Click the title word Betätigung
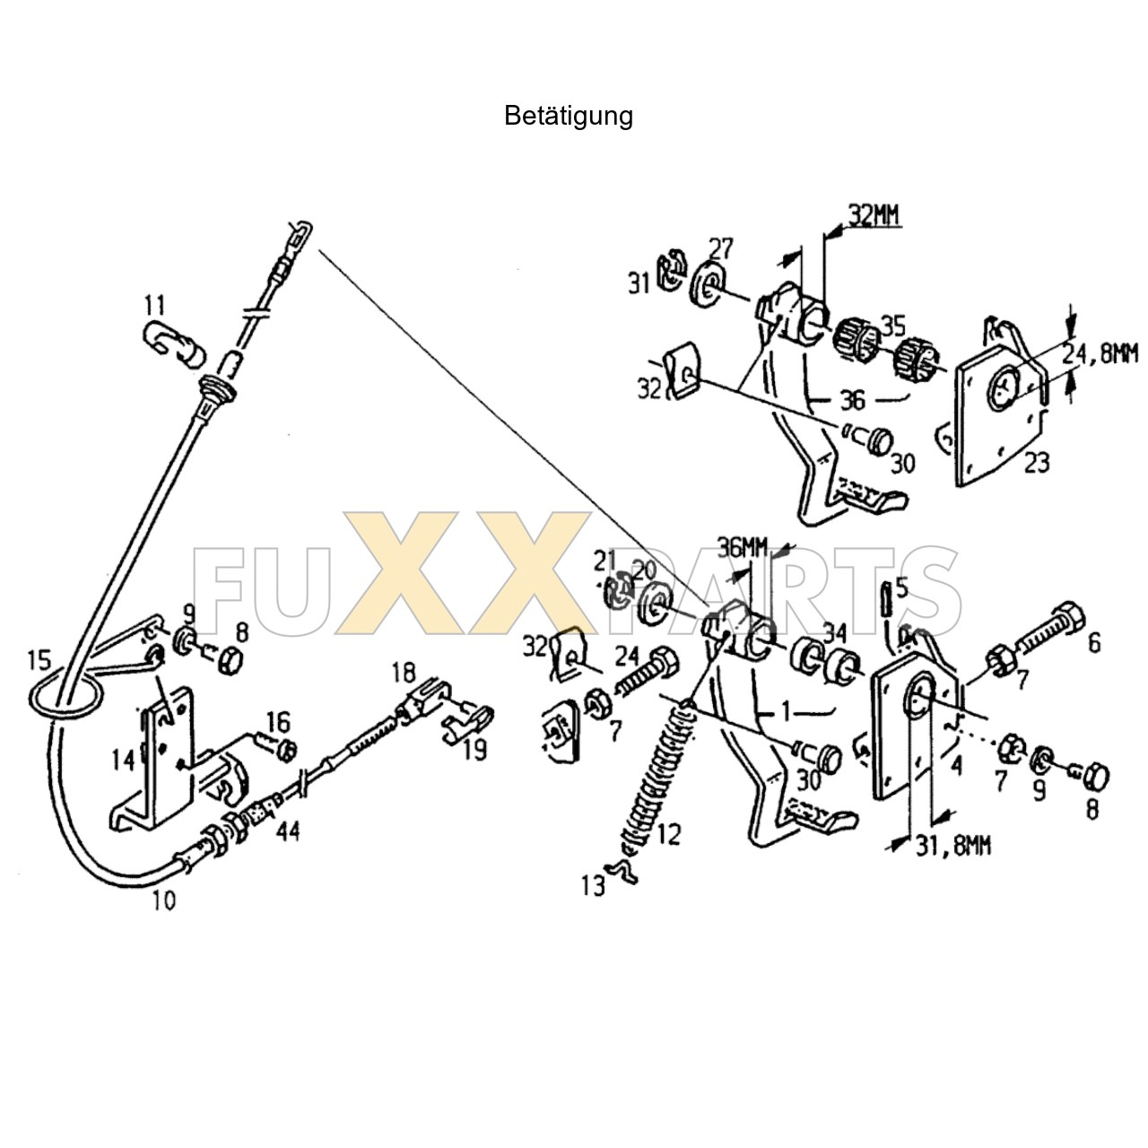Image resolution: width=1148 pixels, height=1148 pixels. click(x=568, y=116)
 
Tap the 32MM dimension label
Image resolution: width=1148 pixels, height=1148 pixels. click(x=874, y=215)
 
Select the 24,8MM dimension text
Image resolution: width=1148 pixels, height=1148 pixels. click(x=1100, y=354)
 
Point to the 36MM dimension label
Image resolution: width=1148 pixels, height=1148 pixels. click(x=744, y=546)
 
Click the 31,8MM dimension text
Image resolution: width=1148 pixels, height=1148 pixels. click(x=953, y=845)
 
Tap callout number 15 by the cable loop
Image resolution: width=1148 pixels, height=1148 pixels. click(x=39, y=661)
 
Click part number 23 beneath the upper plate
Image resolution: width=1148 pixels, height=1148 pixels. click(x=1037, y=463)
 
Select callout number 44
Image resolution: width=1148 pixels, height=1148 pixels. click(x=287, y=831)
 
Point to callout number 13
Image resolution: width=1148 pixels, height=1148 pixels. click(x=593, y=886)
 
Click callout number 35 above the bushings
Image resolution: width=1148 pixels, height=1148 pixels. click(x=892, y=326)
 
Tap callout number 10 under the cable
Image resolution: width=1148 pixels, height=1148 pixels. click(x=163, y=900)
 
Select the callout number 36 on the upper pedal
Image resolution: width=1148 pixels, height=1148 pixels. click(x=852, y=400)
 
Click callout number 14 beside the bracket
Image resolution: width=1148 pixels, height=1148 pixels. click(x=123, y=761)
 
